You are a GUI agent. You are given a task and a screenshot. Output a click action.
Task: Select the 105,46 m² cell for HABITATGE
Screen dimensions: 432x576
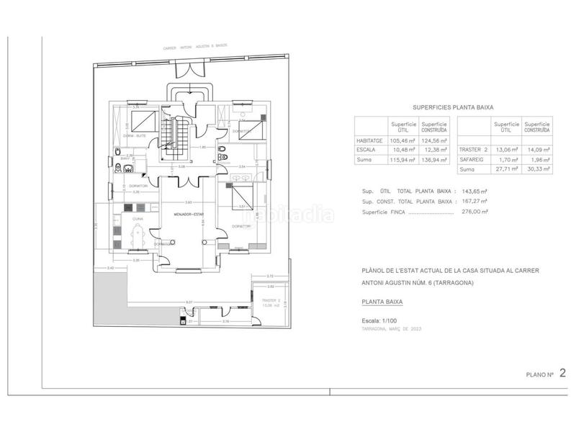403,141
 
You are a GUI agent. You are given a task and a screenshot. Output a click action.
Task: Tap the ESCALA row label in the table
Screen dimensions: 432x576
366,150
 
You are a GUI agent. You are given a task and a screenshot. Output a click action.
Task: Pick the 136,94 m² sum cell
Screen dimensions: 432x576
435,159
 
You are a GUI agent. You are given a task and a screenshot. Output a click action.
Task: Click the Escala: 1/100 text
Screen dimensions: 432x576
384,320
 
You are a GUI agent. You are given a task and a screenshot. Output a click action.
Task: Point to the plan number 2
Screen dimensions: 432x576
562,373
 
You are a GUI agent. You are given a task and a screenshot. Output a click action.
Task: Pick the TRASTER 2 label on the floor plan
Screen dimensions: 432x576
269,300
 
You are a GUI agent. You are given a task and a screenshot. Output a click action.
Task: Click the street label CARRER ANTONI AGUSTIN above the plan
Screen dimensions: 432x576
192,49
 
